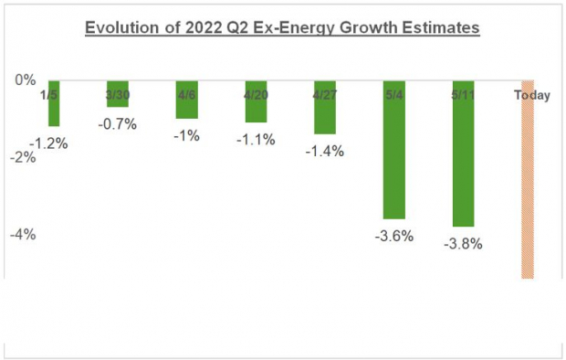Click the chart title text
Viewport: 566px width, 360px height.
click(x=282, y=28)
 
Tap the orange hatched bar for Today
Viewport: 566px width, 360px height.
click(x=527, y=183)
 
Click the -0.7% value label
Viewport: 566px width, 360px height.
click(x=119, y=123)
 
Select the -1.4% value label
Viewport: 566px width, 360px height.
click(x=325, y=152)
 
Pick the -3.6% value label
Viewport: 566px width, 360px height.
click(x=394, y=236)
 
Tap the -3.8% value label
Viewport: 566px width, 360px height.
click(x=463, y=244)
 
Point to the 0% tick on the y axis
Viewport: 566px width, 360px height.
click(x=23, y=79)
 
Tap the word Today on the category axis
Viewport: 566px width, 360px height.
click(x=531, y=95)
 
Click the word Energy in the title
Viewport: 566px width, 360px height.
click(x=315, y=28)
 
